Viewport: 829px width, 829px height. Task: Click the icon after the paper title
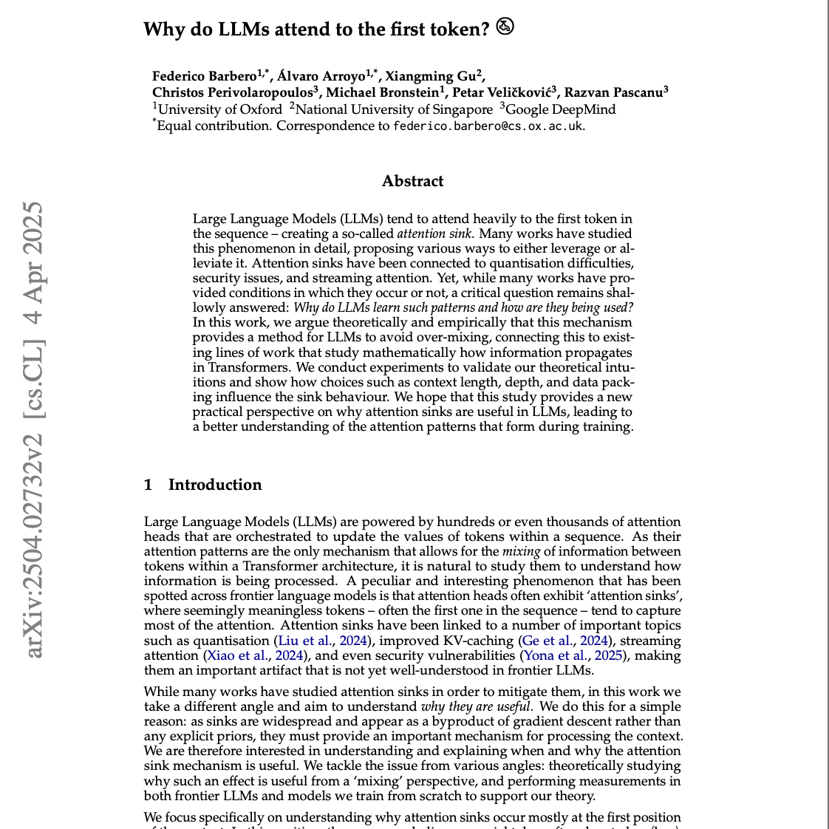(x=505, y=27)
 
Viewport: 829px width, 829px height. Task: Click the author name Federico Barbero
(x=204, y=76)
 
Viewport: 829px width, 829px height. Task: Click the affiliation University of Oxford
(x=220, y=109)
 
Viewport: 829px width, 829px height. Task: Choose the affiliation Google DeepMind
(x=561, y=109)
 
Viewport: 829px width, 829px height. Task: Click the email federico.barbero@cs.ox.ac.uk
(x=488, y=126)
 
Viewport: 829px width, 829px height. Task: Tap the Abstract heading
(x=412, y=181)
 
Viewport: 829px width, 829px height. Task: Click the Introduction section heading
(x=215, y=485)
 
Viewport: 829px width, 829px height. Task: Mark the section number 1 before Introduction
(x=149, y=485)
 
